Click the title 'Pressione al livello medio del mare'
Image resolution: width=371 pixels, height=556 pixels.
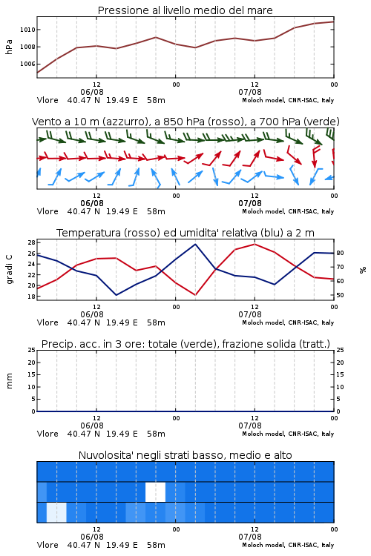185,10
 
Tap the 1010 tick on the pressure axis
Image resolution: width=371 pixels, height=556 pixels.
27,30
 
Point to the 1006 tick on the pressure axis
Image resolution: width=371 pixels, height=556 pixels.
27,64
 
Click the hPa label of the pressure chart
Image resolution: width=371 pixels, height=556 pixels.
9,47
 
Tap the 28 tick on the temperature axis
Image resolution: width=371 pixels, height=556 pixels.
31,242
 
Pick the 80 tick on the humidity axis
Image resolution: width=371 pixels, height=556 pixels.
340,254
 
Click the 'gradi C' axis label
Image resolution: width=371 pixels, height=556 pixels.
10,270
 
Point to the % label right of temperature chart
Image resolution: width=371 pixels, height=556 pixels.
363,270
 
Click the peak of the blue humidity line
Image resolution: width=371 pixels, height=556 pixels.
195,244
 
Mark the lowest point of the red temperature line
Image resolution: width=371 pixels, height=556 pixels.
195,295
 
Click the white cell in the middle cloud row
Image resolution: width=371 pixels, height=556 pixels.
156,492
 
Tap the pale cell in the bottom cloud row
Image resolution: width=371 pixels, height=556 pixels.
56,512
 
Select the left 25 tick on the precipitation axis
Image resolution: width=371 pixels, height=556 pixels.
32,351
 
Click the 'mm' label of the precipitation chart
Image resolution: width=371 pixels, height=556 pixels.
9,381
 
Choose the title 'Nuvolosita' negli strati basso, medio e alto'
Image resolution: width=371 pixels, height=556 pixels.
185,455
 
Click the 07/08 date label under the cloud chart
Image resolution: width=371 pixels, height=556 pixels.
250,537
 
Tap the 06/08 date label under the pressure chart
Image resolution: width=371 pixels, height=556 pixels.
92,92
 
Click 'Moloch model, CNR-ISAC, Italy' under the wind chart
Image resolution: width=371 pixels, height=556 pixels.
288,211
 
